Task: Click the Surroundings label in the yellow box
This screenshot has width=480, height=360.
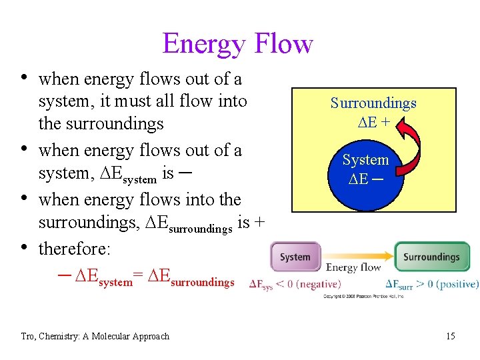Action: click(373, 103)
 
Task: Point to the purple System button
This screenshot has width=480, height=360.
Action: click(295, 257)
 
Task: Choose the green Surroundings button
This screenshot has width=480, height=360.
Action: click(431, 257)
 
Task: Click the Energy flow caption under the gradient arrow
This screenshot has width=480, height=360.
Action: click(353, 268)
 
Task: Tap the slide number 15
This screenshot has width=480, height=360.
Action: click(451, 336)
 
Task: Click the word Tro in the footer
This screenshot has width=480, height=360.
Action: click(29, 336)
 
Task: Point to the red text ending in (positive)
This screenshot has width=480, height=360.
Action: click(432, 284)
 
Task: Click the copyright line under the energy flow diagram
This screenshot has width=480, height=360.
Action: click(363, 296)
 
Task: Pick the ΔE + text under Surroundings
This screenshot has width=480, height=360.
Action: click(373, 122)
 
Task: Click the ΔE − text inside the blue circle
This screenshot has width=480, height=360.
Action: click(365, 179)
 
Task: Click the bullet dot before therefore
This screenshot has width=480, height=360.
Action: click(25, 247)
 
